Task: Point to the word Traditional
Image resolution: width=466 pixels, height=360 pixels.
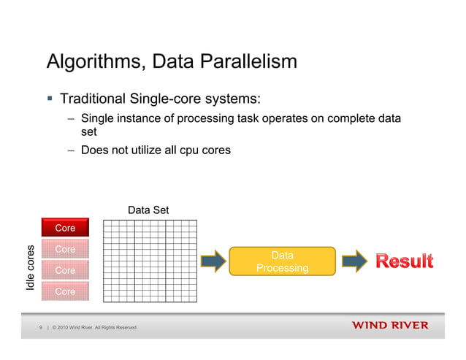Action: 94,98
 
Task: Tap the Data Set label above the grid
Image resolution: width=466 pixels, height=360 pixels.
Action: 148,210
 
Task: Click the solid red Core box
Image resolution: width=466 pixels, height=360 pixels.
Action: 65,229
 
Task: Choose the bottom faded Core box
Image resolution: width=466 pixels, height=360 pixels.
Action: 65,291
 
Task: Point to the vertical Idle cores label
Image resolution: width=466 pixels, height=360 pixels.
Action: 31,265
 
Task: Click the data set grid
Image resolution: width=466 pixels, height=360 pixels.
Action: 150,260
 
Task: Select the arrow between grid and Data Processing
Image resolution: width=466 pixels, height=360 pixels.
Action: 213,261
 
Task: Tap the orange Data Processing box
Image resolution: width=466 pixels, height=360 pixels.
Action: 283,261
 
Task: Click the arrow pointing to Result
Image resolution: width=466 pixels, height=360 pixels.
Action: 356,261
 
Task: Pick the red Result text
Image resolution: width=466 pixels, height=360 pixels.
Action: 404,261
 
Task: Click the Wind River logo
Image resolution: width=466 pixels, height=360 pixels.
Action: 390,325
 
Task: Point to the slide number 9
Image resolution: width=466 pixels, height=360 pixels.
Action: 42,327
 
